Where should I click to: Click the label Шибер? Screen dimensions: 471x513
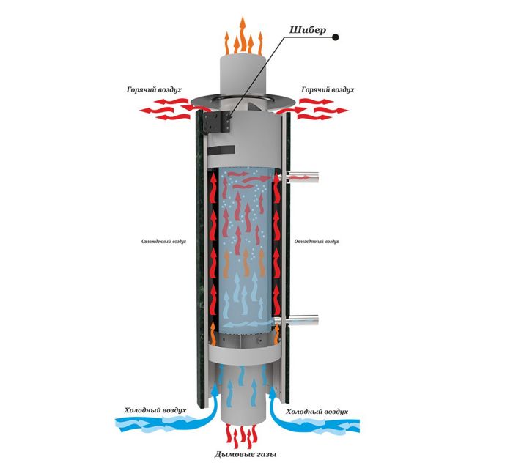[304, 31]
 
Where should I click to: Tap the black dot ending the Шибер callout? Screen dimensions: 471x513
[335, 36]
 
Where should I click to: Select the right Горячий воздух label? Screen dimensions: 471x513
[327, 89]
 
